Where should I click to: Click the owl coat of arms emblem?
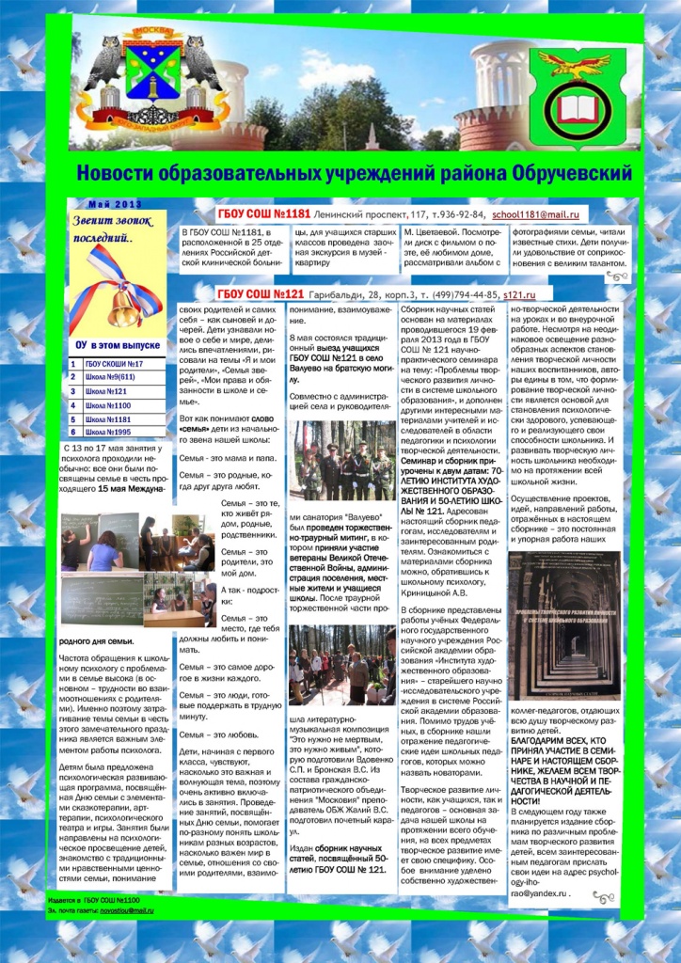[150, 79]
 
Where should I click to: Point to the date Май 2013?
[115, 204]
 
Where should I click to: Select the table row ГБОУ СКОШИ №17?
[117, 364]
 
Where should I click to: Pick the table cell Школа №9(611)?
[118, 378]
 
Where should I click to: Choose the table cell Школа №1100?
[118, 405]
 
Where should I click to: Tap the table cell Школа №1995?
[118, 433]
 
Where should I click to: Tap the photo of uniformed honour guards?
[342, 461]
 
